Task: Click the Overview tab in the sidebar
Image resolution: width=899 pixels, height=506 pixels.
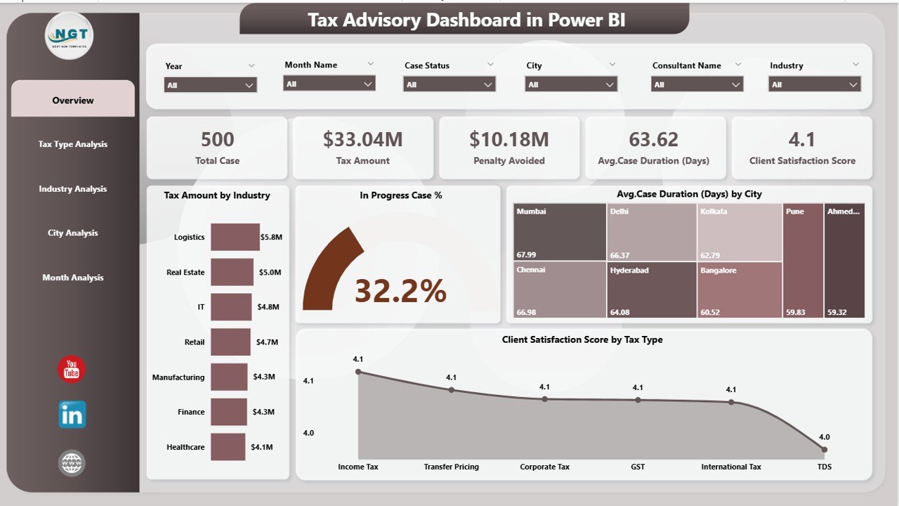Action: [x=72, y=100]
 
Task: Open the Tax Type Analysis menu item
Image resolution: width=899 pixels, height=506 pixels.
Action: [x=72, y=144]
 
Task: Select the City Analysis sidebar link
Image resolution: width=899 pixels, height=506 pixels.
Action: [x=72, y=233]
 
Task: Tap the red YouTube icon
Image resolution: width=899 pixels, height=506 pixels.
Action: [x=72, y=370]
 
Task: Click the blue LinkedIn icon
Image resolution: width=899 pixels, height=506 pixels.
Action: [x=72, y=415]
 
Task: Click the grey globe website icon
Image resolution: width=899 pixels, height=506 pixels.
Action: [x=72, y=463]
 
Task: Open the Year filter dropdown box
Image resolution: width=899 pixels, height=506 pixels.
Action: [x=210, y=85]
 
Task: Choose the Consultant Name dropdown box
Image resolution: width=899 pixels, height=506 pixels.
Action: [x=697, y=84]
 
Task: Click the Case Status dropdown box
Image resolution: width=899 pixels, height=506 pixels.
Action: [x=449, y=84]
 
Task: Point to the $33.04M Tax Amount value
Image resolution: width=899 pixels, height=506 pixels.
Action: [x=362, y=139]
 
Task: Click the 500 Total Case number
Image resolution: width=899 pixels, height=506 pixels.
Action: [x=217, y=139]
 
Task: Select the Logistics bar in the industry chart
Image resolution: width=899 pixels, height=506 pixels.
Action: [x=235, y=238]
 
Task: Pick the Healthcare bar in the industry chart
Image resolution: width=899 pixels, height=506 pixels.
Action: [x=228, y=447]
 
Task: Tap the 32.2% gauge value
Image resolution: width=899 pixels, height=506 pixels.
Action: [x=400, y=291]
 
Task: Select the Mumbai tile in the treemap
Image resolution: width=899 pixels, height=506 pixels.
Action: [x=560, y=232]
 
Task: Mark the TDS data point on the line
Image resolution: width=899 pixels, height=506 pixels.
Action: [x=824, y=449]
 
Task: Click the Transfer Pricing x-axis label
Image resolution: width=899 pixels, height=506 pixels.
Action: [x=451, y=467]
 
